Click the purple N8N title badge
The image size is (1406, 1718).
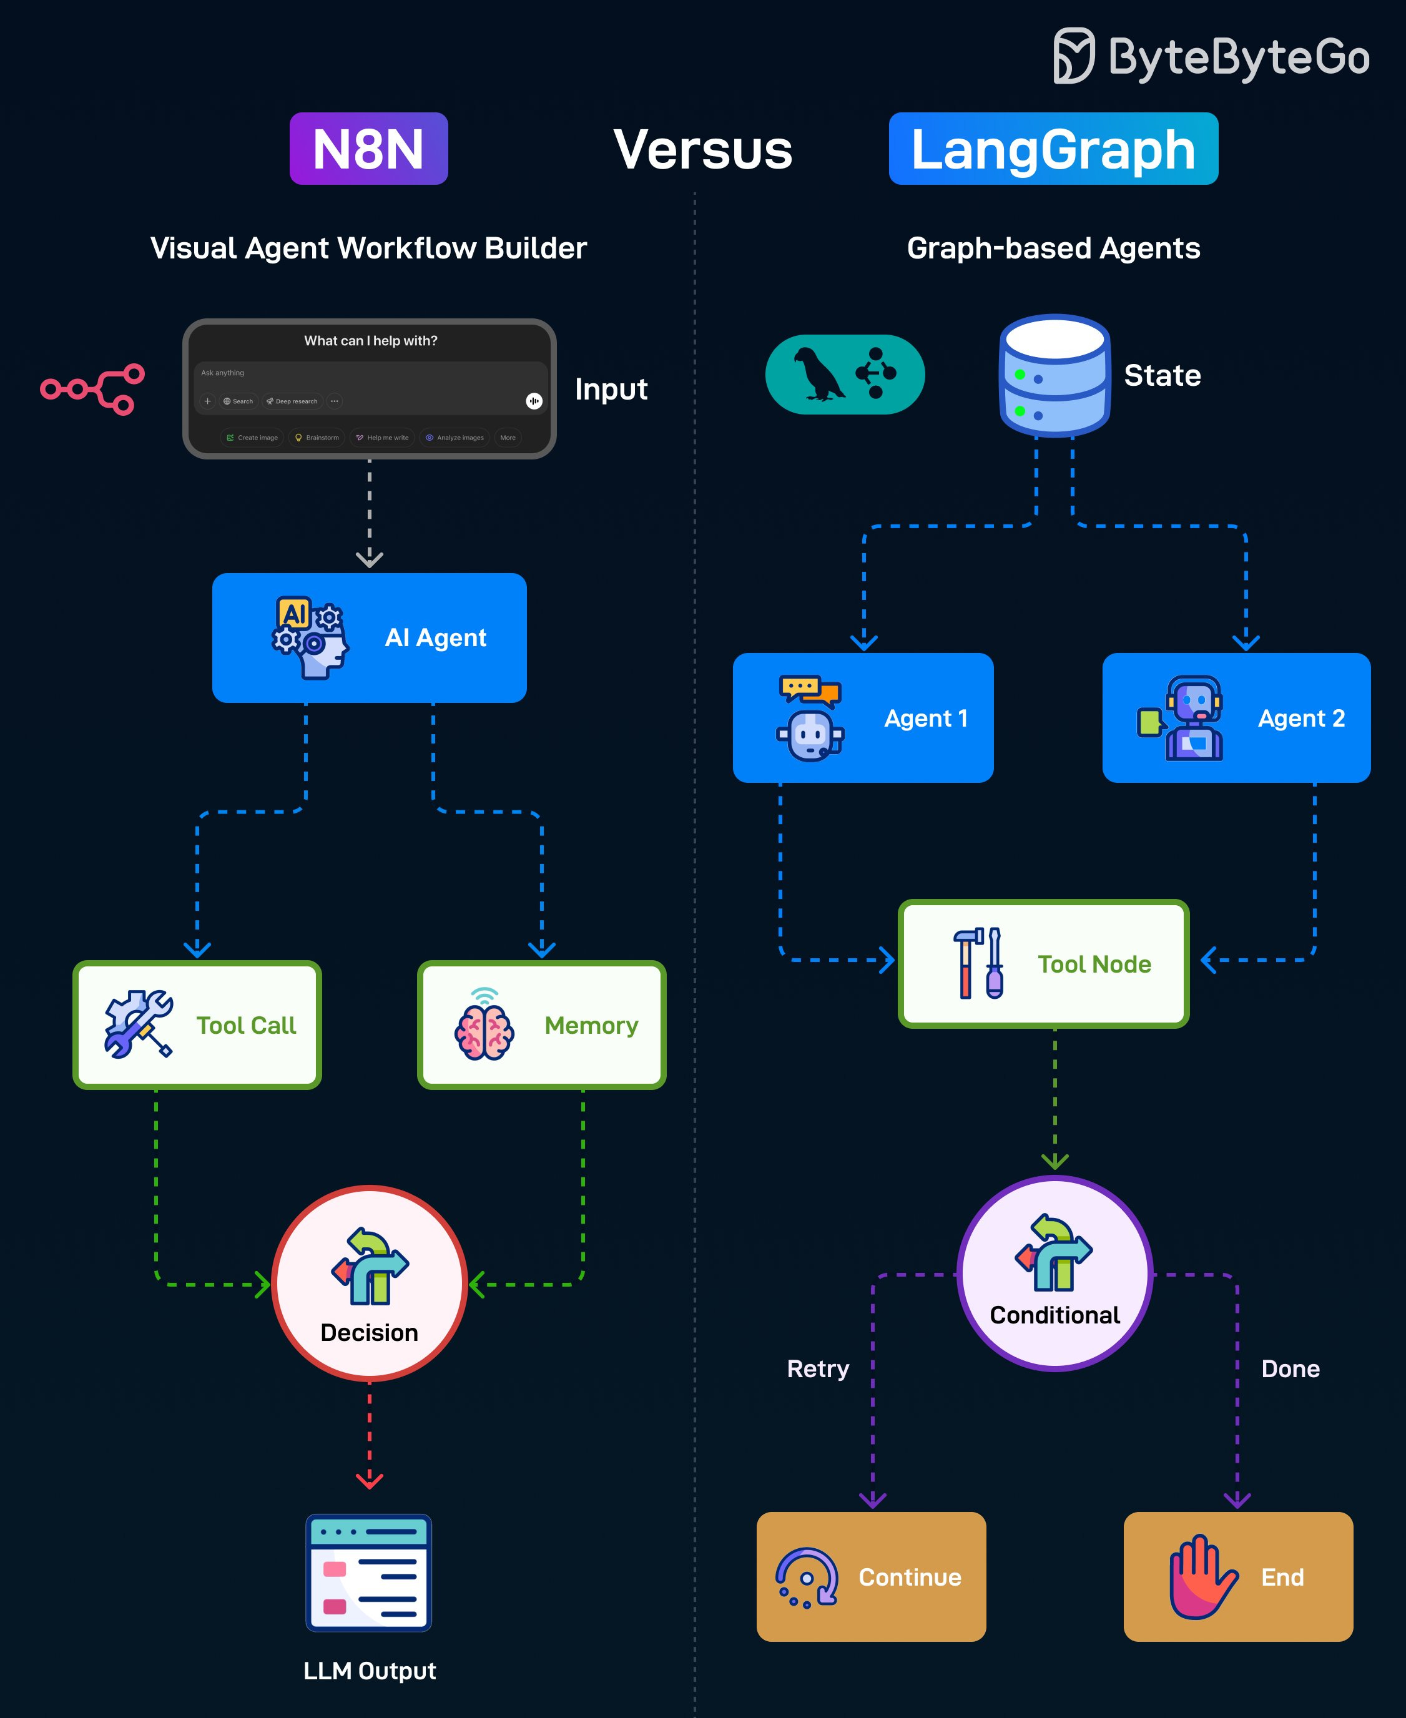[368, 149]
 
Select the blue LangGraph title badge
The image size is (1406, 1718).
[1053, 149]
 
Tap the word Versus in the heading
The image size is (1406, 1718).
[702, 150]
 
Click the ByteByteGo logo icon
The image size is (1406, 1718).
[1073, 56]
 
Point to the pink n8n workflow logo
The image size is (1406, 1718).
[93, 390]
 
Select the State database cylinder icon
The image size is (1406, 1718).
[1054, 376]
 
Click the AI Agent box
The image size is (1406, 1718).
[370, 638]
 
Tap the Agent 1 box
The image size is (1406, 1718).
[863, 718]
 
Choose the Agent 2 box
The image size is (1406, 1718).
[1236, 718]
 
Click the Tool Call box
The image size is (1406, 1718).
[197, 1025]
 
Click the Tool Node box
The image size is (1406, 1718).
[1043, 963]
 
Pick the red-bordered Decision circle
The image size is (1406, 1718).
[370, 1284]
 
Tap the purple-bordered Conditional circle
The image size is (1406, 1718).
[1054, 1273]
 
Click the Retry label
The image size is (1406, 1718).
[818, 1369]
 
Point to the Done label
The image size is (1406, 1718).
[1290, 1369]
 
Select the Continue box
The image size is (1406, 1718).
[871, 1577]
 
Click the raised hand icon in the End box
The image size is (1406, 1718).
[1201, 1577]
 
